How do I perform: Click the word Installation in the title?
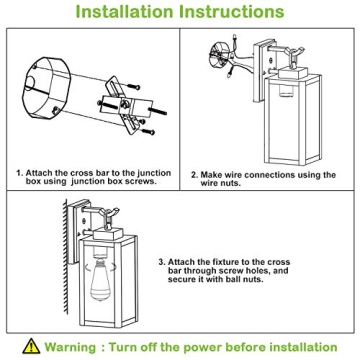coord(125,12)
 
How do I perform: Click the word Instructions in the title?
coord(232,12)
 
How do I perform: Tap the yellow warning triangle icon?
coord(31,346)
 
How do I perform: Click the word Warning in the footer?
coord(70,347)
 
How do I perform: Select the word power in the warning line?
coord(203,348)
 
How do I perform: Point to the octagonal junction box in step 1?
coord(46,88)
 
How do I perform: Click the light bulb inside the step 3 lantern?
coord(100,279)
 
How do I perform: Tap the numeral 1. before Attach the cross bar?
coord(20,173)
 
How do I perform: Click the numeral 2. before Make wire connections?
coord(194,175)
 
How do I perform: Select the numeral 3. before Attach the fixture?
coord(162,262)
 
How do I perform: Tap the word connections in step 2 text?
coord(270,175)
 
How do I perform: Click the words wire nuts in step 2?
coord(220,183)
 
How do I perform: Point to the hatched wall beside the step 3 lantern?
coord(66,257)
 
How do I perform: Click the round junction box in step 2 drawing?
coord(219,53)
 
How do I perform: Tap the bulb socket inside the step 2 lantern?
coord(285,90)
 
